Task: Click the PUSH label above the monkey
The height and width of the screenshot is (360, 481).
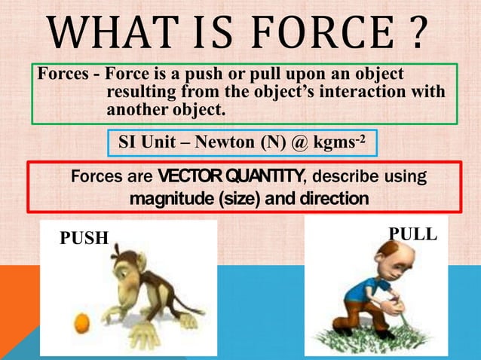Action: [x=84, y=239]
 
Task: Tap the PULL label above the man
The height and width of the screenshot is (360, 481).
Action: [x=412, y=233]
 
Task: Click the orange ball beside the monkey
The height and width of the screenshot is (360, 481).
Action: [x=81, y=324]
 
